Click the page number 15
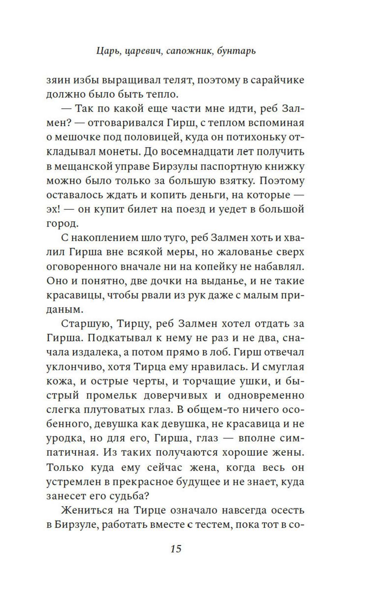pyautogui.click(x=176, y=548)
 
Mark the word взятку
pyautogui.click(x=230, y=181)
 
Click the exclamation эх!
pyautogui.click(x=55, y=209)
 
